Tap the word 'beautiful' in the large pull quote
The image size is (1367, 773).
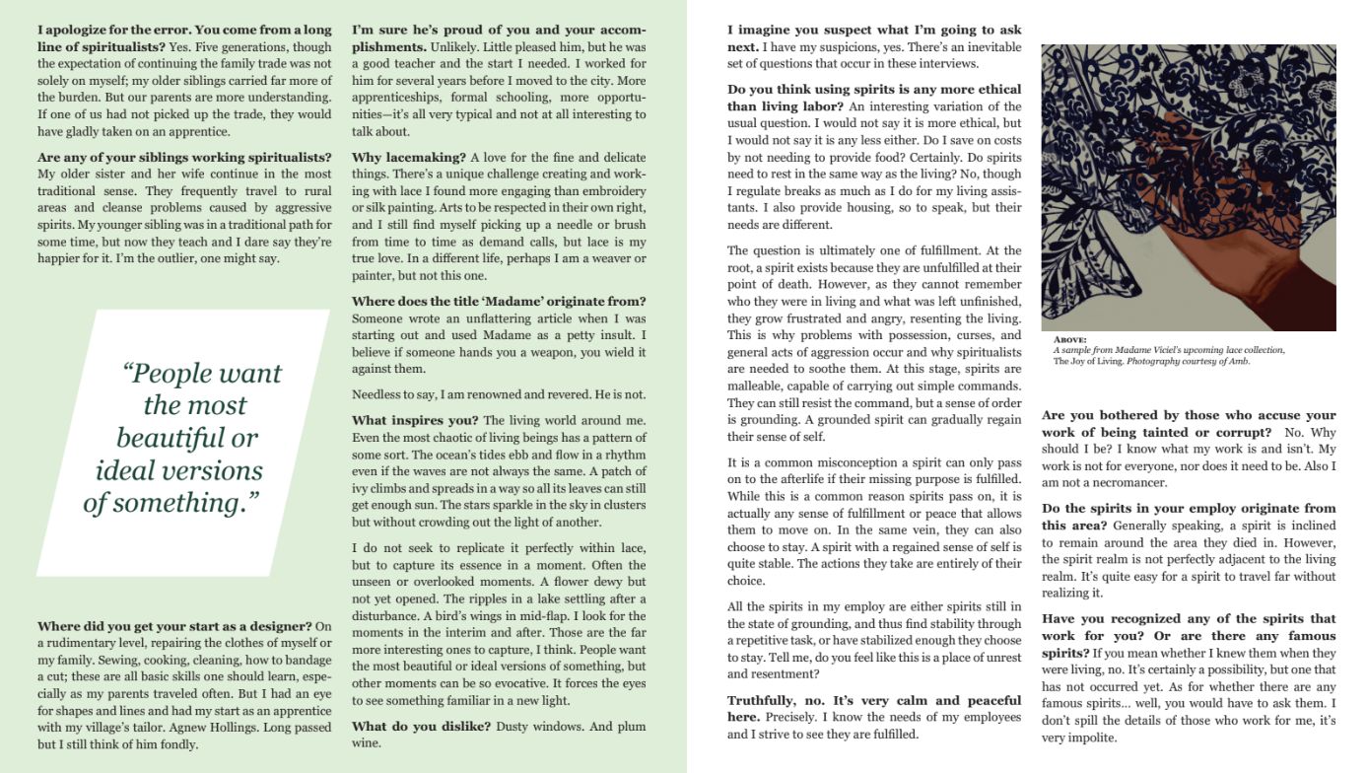pos(187,437)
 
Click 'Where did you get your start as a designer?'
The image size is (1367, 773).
pos(175,625)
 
